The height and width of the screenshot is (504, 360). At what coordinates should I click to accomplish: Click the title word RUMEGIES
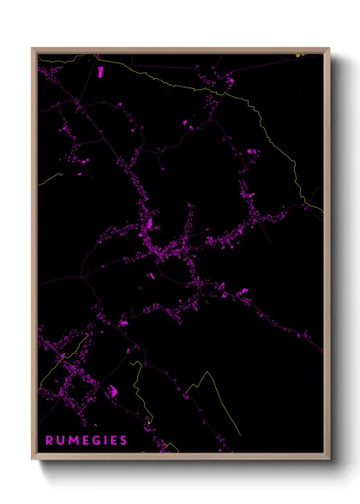[x=86, y=441]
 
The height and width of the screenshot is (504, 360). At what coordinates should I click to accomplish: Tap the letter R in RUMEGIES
[x=48, y=441]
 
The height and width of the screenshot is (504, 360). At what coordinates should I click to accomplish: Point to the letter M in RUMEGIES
[x=72, y=441]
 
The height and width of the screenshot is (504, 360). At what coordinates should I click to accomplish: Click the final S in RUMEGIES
[x=123, y=441]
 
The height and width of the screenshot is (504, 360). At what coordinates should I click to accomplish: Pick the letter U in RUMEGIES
[x=59, y=441]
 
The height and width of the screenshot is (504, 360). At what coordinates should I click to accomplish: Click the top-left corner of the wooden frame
[x=33, y=49]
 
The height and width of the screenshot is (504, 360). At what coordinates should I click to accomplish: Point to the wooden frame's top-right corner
[x=329, y=49]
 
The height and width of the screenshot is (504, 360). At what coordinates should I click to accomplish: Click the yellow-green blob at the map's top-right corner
[x=301, y=54]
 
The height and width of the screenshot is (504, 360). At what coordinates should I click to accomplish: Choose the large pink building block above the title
[x=111, y=391]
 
